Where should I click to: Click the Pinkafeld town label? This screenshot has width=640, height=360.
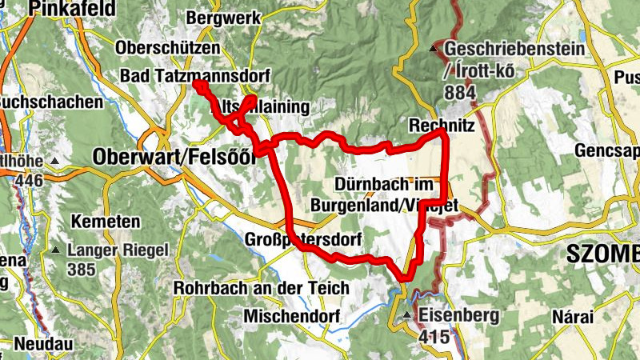point(72,9)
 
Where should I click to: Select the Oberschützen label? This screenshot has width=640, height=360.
point(167,48)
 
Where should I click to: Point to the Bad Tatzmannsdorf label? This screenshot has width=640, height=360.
point(195,75)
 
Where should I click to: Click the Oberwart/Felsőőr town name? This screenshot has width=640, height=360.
point(174,156)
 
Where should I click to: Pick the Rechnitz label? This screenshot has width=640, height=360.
point(442,126)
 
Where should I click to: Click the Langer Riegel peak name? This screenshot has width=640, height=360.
point(117,250)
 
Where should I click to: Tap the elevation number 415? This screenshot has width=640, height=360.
point(434,338)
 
